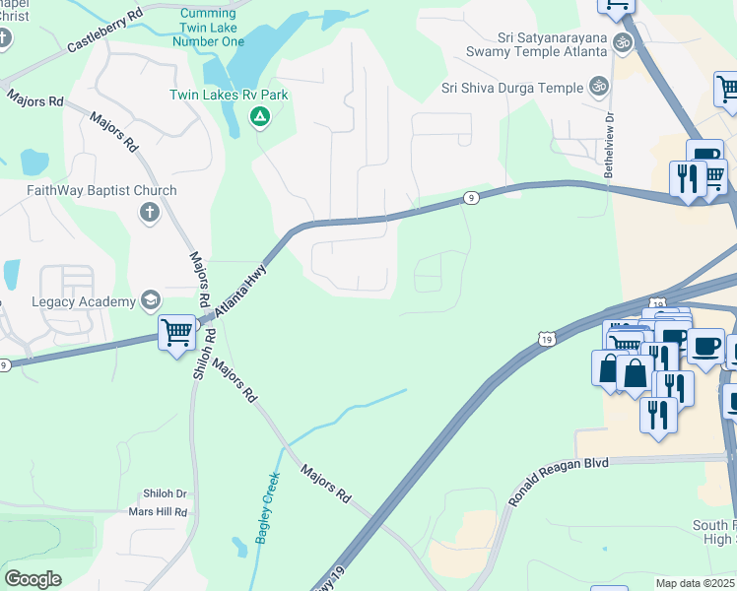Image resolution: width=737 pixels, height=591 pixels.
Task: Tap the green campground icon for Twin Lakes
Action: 259,118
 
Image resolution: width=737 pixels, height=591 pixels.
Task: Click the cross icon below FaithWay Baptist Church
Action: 149,213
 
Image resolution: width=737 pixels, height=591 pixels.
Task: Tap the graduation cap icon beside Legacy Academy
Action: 151,299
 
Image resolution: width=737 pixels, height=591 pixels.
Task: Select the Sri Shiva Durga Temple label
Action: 512,88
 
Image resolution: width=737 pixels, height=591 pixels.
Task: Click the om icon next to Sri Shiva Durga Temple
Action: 597,88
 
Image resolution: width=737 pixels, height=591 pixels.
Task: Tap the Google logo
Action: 32,579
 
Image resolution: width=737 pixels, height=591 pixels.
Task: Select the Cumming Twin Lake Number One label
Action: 207,27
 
